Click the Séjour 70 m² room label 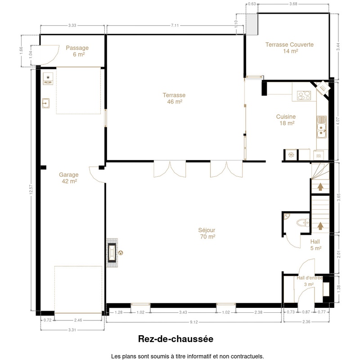(207, 233)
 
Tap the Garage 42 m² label (69, 178)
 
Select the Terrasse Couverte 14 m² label (289, 48)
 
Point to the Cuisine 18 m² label (286, 120)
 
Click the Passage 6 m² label (77, 51)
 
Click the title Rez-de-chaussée (175, 339)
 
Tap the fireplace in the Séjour (112, 253)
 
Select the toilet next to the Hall (303, 223)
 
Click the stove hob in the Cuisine (304, 95)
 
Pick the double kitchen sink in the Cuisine (321, 127)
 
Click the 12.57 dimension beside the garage (31, 190)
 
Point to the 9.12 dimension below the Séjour (194, 322)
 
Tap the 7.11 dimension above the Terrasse (175, 25)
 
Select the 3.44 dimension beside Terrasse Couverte (338, 47)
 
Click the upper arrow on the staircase (320, 187)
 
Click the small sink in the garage (46, 103)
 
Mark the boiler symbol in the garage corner (48, 78)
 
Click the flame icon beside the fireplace (121, 253)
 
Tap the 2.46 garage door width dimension (78, 320)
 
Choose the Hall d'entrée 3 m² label (309, 281)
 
